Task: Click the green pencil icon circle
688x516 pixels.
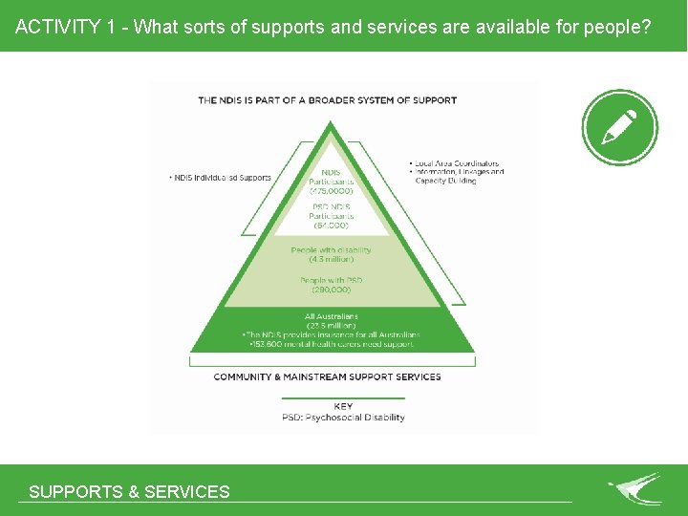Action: pos(619,127)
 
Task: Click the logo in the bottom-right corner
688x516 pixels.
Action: pos(635,488)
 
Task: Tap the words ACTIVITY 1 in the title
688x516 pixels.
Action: pos(58,26)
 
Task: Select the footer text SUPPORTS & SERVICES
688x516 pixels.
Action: pos(129,492)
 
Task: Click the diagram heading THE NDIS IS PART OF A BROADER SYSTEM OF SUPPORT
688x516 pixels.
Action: pos(327,99)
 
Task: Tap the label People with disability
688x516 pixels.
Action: pos(331,250)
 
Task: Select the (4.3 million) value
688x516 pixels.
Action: pos(331,260)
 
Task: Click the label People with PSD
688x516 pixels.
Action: pos(331,280)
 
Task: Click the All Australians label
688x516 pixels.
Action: pos(331,316)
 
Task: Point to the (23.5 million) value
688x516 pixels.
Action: pos(331,326)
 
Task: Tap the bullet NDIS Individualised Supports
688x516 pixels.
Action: pos(220,178)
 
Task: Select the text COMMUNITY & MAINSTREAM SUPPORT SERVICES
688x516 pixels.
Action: pos(327,376)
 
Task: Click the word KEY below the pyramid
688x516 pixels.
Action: pos(343,406)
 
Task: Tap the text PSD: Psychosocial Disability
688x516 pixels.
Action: pos(343,418)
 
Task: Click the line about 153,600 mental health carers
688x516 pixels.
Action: pos(332,344)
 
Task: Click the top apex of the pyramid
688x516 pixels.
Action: pos(330,123)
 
